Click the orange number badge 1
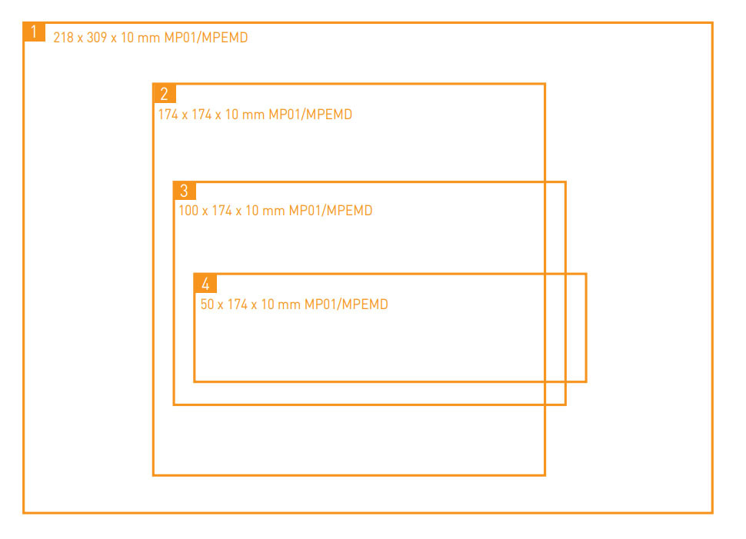click(34, 32)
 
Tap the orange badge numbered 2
click(164, 93)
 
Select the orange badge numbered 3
click(185, 191)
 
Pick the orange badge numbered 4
click(205, 283)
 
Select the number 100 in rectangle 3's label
click(188, 211)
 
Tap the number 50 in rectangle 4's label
click(208, 304)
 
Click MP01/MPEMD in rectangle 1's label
click(206, 38)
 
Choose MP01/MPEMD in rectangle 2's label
click(310, 115)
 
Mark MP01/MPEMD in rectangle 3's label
click(331, 211)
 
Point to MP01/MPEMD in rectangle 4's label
click(346, 304)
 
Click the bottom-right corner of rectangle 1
click(712, 512)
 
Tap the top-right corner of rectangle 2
click(545, 84)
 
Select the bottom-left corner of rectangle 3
click(174, 404)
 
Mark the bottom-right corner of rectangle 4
click(586, 381)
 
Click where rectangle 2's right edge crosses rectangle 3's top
click(545, 182)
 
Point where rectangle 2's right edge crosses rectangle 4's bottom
click(545, 381)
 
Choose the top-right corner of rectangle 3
click(565, 182)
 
